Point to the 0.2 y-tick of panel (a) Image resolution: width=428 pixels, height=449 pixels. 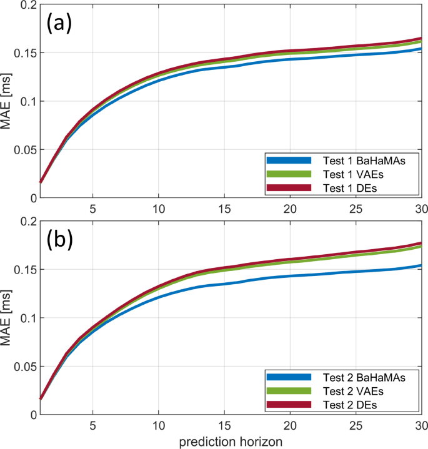[15, 5]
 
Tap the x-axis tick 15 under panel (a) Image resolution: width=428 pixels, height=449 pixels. [224, 207]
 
